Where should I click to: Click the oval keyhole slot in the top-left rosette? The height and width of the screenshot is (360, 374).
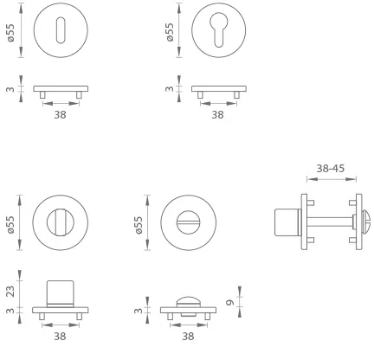(x=61, y=30)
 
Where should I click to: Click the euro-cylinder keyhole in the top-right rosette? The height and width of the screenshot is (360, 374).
(x=219, y=29)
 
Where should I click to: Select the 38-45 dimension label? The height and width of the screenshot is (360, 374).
(x=331, y=168)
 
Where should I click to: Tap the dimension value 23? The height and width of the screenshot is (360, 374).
(x=10, y=292)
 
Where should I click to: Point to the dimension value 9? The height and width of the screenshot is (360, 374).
(x=230, y=303)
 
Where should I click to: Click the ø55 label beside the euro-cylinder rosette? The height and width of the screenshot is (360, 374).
(x=170, y=32)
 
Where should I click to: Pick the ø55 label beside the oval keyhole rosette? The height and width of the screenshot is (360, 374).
(x=10, y=33)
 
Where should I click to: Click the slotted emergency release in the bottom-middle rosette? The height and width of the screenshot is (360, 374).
(x=189, y=222)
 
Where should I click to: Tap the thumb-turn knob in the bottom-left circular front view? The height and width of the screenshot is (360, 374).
(x=61, y=222)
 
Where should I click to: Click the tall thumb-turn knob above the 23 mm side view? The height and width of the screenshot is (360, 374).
(x=61, y=292)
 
